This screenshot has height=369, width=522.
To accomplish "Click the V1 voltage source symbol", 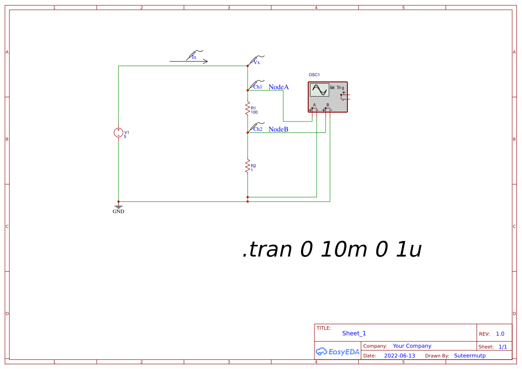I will [x=118, y=133].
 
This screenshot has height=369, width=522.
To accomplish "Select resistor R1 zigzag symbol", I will [x=247, y=109].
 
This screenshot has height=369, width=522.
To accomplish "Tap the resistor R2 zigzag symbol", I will [x=247, y=166].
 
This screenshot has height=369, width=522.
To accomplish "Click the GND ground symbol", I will [x=118, y=207].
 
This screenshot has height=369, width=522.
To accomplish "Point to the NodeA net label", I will [x=278, y=87].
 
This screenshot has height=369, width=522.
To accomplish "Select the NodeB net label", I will [x=278, y=130].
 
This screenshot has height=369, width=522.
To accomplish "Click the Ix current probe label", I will [x=194, y=57].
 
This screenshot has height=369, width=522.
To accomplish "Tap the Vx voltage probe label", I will [x=257, y=62].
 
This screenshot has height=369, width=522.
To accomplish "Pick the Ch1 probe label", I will [x=258, y=87].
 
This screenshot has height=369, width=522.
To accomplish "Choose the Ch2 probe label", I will [x=258, y=129].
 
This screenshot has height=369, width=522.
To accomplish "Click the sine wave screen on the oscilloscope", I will [x=319, y=90].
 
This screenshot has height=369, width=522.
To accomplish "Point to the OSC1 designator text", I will [x=314, y=75].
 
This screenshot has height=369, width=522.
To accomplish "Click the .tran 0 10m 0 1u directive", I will [x=332, y=250].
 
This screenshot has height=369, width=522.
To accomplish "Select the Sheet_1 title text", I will [x=354, y=333].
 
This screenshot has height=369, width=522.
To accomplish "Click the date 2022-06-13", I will [x=400, y=356].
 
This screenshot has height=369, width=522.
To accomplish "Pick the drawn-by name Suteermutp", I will [x=470, y=356].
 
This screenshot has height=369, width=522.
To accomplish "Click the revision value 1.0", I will [x=500, y=334].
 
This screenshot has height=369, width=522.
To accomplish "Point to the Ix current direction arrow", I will [x=188, y=61].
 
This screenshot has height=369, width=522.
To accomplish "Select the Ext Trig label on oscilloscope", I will [x=337, y=88].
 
